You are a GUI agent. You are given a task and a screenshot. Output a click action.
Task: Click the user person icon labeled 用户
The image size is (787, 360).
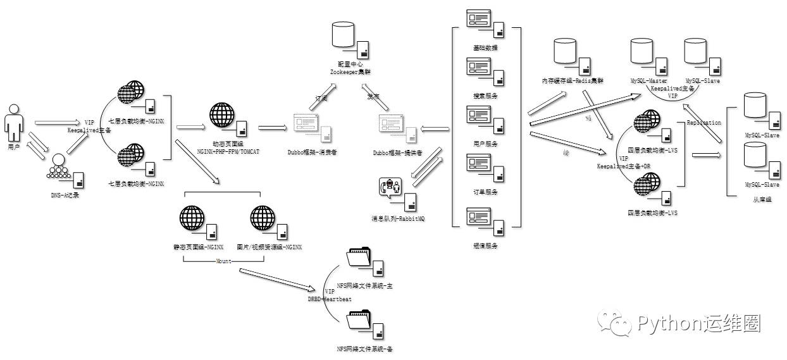14,123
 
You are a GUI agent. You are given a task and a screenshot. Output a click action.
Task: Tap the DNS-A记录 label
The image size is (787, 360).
65,195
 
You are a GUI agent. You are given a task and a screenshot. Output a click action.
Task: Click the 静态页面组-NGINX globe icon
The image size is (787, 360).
192,218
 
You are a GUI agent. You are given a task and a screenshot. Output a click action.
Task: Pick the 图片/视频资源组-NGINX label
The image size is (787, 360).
269,247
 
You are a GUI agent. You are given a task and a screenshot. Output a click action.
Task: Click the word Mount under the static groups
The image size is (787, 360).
223,261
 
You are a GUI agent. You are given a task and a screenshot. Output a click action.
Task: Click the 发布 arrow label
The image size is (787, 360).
373,97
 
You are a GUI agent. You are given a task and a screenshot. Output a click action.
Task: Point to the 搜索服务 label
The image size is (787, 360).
485,96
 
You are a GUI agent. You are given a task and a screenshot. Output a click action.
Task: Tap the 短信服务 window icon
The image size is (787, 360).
479,218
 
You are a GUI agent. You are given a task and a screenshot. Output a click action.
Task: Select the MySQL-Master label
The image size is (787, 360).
648,82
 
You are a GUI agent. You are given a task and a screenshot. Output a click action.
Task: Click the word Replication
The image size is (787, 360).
703,123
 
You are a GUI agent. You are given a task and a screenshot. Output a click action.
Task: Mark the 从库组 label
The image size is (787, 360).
762,200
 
